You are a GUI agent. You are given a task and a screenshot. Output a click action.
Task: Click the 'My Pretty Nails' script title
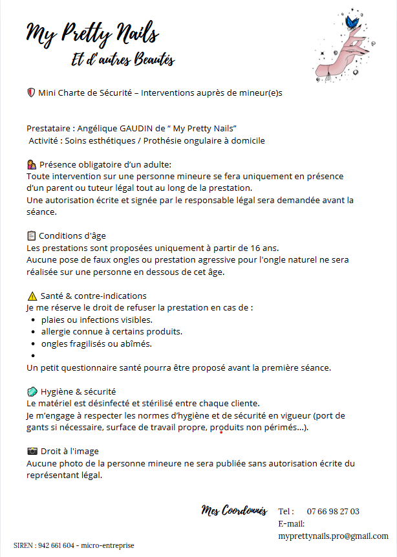[x=92, y=33]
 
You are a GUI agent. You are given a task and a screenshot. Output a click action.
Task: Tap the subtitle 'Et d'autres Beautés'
[x=123, y=60]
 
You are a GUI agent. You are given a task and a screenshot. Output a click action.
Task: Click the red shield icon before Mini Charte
[x=31, y=93]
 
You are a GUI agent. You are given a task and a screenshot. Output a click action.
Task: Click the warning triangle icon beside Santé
[x=32, y=296]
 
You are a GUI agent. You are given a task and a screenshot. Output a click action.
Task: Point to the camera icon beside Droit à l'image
[x=32, y=451]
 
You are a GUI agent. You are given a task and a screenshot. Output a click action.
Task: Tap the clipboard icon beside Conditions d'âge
[x=32, y=235]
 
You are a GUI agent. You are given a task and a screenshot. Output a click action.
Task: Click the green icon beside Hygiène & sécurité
[x=32, y=391]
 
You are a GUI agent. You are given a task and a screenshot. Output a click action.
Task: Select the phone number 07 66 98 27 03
[x=333, y=511]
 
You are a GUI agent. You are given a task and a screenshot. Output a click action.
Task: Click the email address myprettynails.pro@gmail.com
[x=333, y=536]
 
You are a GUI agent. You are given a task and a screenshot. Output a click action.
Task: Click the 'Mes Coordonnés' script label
[x=234, y=510]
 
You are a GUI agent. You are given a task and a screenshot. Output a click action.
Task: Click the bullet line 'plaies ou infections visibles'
[x=97, y=320]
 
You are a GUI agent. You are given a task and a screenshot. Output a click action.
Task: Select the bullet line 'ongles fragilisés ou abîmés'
[x=96, y=344]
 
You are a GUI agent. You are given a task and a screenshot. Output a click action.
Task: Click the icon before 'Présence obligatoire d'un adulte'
[x=32, y=164]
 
